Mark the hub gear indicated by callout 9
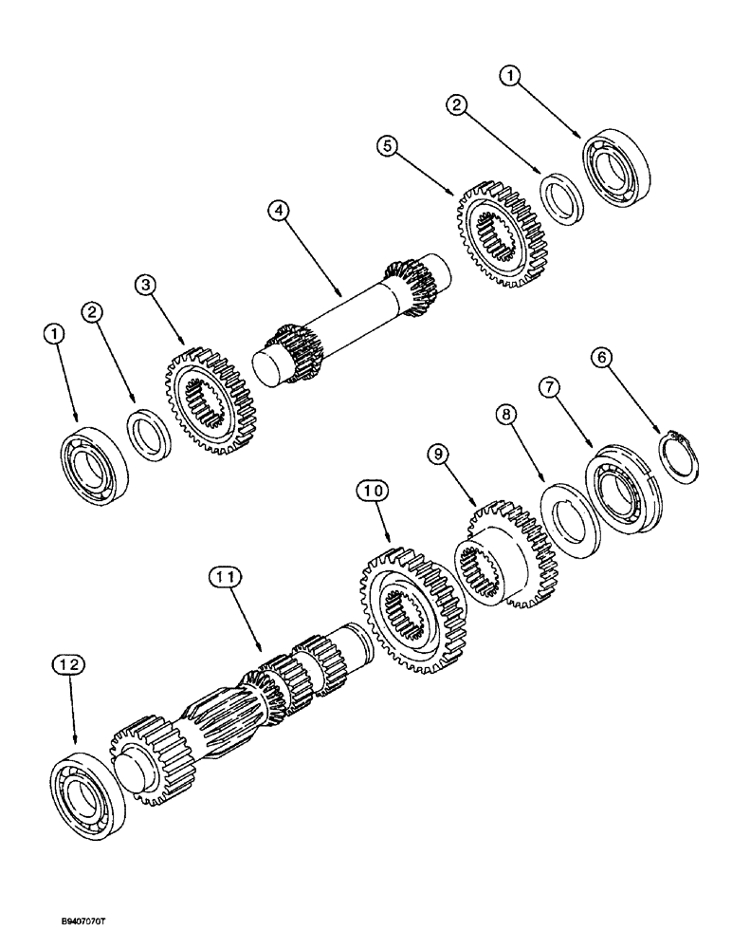coord(500,558)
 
